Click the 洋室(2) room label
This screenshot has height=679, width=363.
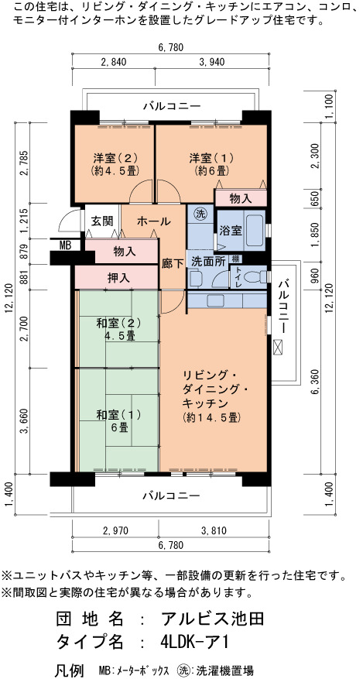click(x=115, y=156)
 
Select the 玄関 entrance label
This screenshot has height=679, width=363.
click(x=102, y=221)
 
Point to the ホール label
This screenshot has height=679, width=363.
click(x=153, y=221)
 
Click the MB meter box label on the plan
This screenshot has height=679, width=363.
click(x=65, y=245)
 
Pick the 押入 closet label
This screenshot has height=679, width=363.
click(x=118, y=278)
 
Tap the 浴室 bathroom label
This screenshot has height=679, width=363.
click(x=230, y=229)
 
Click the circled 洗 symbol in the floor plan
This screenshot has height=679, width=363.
click(x=200, y=214)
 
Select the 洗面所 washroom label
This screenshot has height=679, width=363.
click(x=207, y=262)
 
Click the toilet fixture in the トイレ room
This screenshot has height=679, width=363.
click(x=259, y=276)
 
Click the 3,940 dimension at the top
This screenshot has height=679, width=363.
click(x=211, y=62)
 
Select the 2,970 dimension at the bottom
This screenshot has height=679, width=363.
click(x=115, y=530)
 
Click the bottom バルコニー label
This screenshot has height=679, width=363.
click(x=171, y=495)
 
